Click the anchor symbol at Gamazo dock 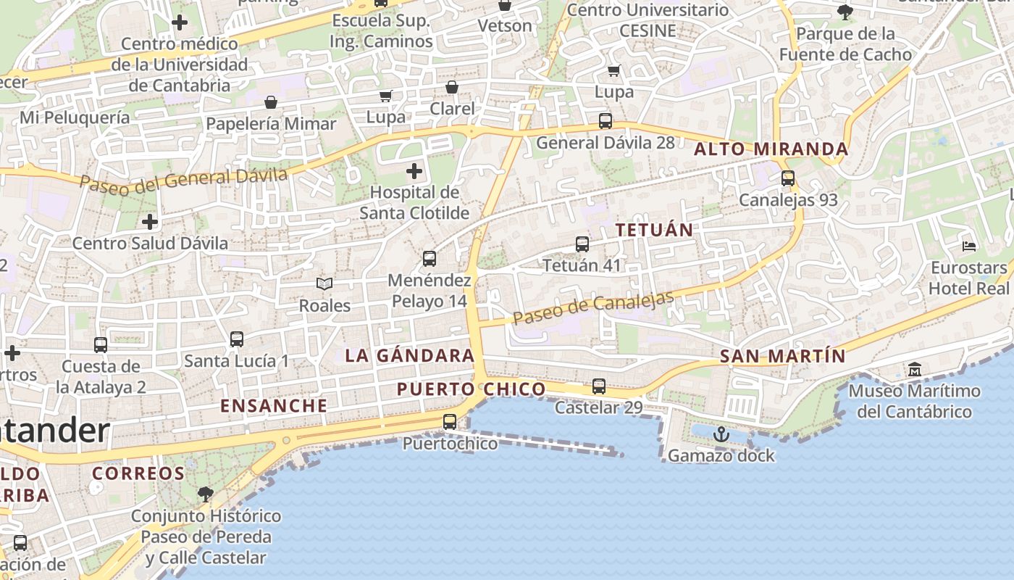721,434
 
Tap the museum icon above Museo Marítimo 915,370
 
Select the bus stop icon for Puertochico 450,422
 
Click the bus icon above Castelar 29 599,386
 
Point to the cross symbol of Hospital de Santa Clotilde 414,172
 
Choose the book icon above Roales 324,284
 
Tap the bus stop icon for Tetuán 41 582,244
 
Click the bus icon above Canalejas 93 788,178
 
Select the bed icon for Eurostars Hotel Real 969,246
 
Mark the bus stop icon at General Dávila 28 606,121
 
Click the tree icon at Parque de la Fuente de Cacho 845,12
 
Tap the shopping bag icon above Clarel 452,88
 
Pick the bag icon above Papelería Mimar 271,102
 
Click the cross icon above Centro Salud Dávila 150,221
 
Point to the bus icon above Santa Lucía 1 236,339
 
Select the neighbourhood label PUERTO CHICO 472,389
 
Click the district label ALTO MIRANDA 771,149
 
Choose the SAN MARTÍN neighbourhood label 783,356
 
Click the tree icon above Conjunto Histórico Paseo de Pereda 206,494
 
